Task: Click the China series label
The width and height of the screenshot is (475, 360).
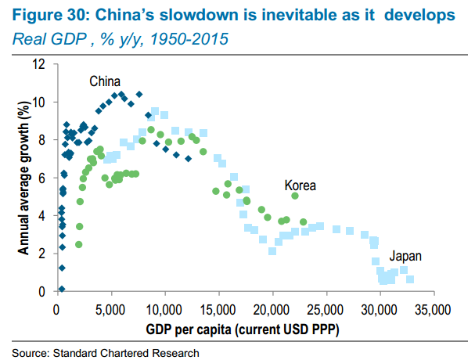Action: (x=104, y=81)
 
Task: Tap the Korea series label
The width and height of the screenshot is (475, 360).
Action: (x=300, y=185)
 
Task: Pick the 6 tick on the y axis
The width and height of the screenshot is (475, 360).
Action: (x=50, y=178)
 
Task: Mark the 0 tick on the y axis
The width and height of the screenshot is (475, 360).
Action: (x=50, y=292)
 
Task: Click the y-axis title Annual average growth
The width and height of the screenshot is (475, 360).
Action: (x=24, y=178)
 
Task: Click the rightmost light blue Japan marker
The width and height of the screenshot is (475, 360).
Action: (x=410, y=279)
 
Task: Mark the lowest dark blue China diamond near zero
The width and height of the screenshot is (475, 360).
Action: (x=62, y=288)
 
